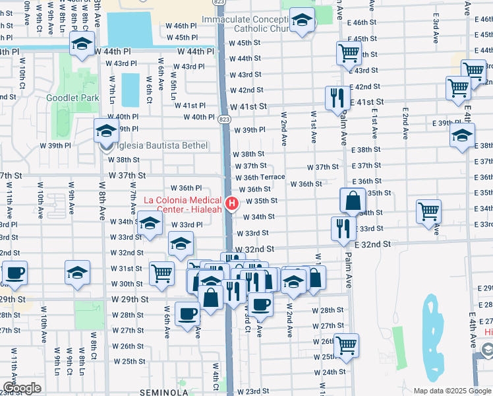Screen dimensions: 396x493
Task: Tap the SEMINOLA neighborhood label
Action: click(x=165, y=392)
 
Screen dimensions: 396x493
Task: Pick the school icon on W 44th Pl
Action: click(x=82, y=44)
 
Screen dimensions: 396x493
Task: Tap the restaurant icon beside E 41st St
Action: click(x=337, y=98)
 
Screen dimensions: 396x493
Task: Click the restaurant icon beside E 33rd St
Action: click(x=343, y=228)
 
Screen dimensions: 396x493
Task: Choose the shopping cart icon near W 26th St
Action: click(x=346, y=344)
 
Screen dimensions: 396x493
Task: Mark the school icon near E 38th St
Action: click(x=462, y=135)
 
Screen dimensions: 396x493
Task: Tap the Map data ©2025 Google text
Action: click(x=452, y=390)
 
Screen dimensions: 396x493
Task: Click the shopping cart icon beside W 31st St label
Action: click(x=161, y=272)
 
